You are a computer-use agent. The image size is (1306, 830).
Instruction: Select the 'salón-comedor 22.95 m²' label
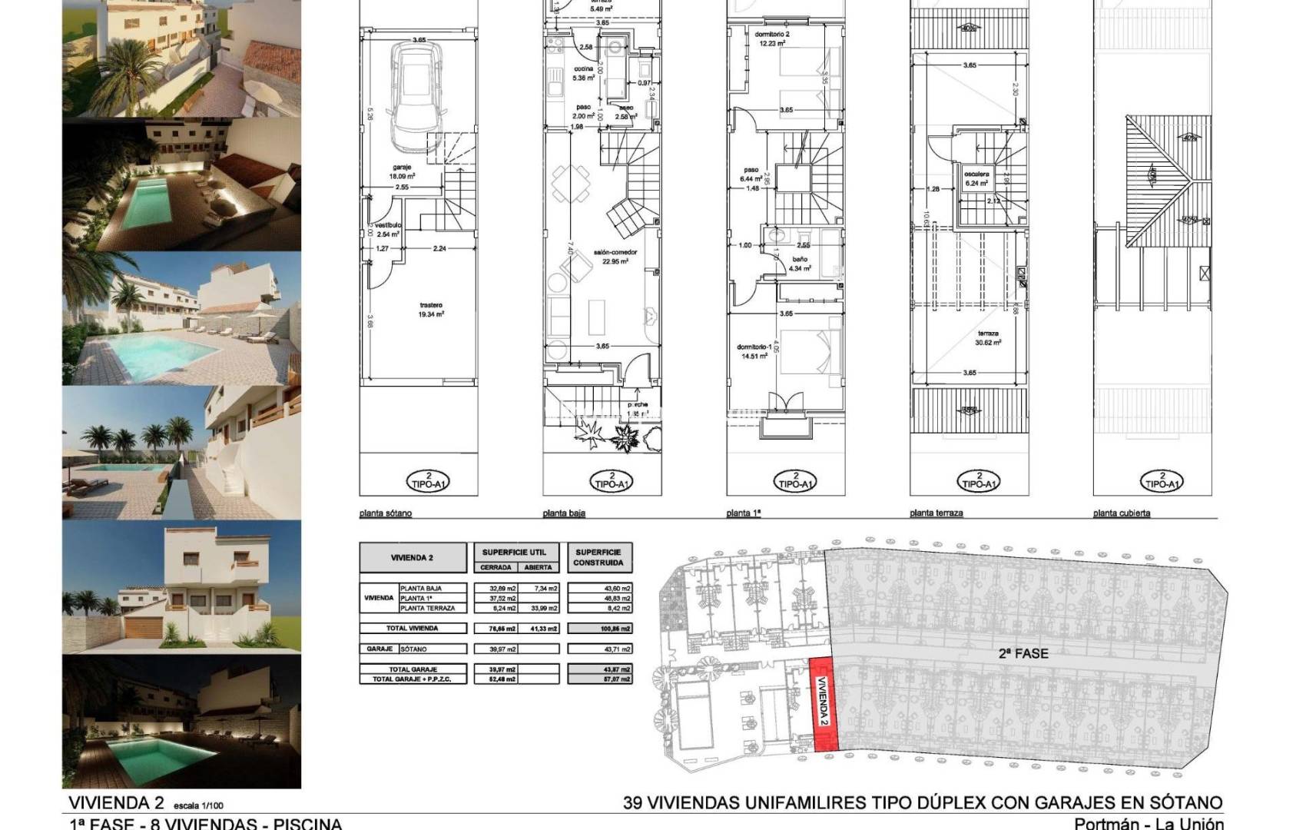[x=614, y=256]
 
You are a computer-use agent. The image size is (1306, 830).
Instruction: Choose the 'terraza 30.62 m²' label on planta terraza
[x=988, y=338]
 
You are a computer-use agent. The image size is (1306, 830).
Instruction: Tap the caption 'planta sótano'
[x=386, y=513]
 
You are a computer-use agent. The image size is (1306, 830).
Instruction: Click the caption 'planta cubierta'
[x=1122, y=513]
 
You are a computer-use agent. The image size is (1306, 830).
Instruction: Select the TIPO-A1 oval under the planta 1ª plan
[x=795, y=481]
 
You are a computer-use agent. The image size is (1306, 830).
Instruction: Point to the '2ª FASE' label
[x=1023, y=653]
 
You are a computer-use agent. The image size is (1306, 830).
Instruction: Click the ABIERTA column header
[x=538, y=567]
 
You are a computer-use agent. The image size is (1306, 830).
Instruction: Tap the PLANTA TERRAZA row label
[x=422, y=608]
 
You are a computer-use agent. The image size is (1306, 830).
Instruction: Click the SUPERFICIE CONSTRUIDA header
[x=598, y=557]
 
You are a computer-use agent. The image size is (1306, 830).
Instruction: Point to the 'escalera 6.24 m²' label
[x=976, y=179]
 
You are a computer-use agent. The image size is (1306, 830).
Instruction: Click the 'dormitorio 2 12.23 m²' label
[x=771, y=39]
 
